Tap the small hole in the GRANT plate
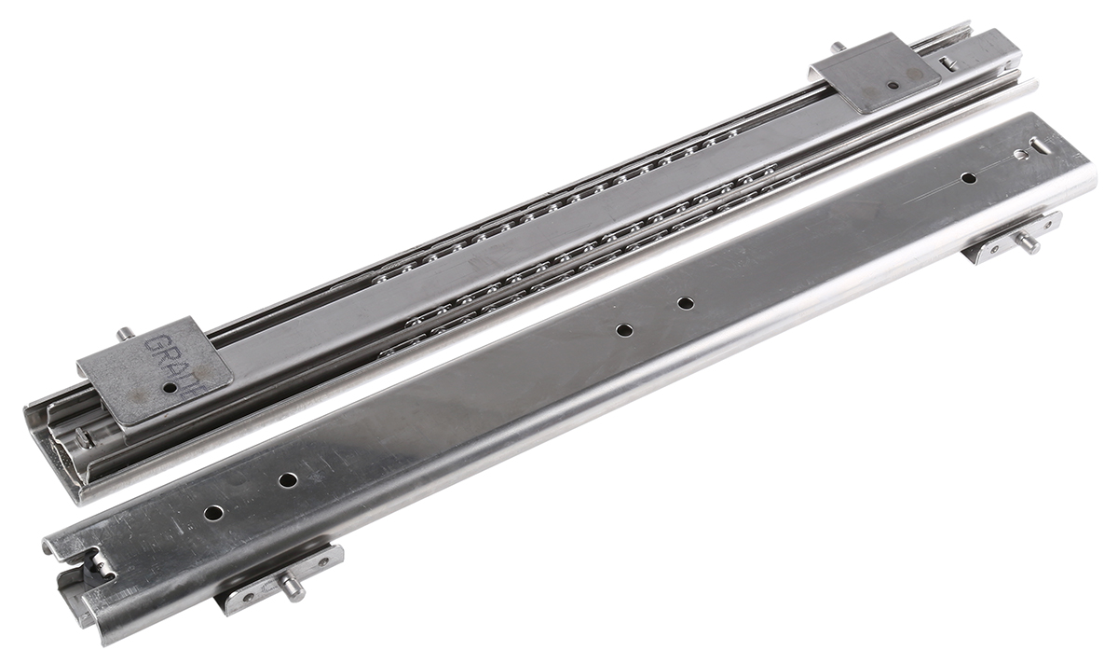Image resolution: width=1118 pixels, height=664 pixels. (x=170, y=387)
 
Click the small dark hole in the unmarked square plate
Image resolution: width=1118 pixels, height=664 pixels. (x=893, y=85)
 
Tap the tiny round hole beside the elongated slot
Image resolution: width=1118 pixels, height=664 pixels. (x=1022, y=155)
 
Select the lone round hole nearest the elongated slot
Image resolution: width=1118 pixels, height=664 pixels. (x=969, y=177)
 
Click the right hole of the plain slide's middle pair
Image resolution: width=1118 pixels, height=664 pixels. (x=685, y=303)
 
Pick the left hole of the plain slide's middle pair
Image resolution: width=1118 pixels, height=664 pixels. (x=624, y=329)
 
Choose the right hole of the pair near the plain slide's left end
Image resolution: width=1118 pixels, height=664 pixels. (x=288, y=479)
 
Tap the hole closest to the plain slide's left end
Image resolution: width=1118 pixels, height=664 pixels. (x=213, y=513)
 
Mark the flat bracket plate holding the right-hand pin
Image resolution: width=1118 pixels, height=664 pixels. (x=1012, y=239)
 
